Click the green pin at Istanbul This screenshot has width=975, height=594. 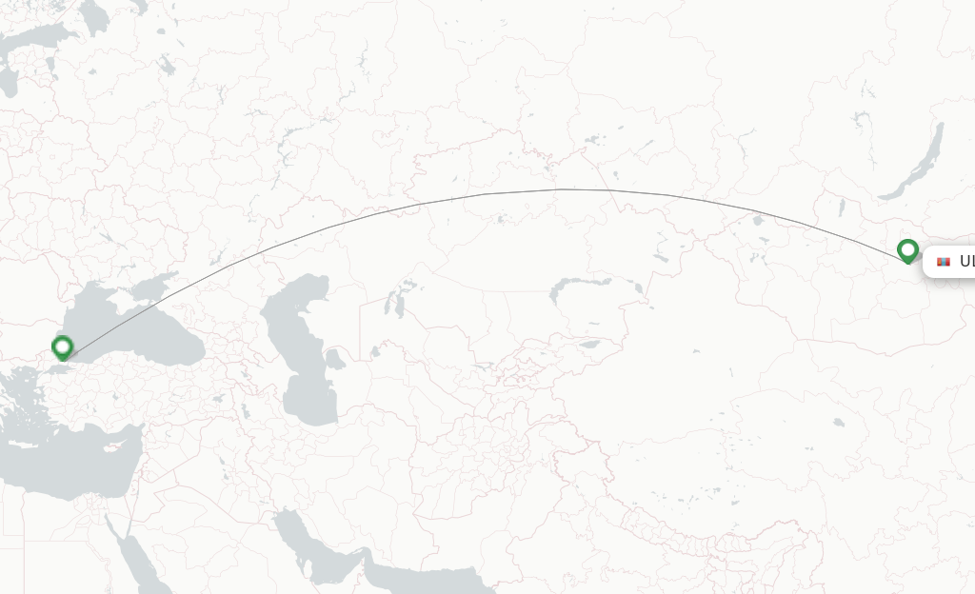pos(63,347)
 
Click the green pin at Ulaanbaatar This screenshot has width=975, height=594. pos(907,250)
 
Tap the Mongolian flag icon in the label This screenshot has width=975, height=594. pos(944,262)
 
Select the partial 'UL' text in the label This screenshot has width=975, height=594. pos(966,262)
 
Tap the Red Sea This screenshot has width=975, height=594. pos(143,562)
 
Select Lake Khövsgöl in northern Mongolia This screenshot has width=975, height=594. pos(842,207)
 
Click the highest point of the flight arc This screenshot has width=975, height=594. pos(562,189)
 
